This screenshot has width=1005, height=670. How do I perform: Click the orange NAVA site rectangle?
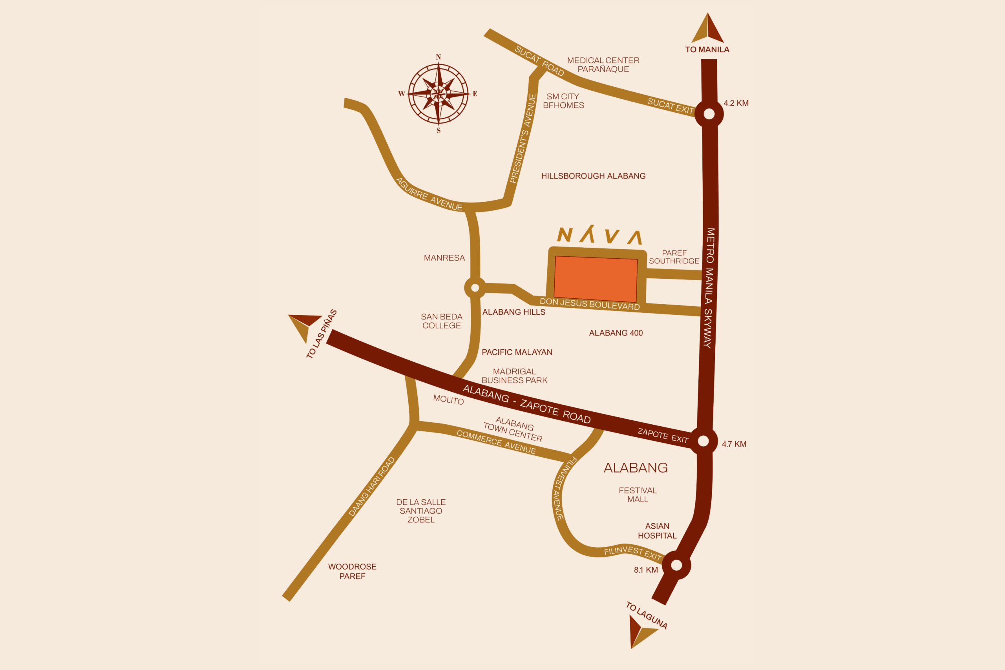(595, 279)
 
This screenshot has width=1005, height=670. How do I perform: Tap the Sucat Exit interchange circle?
(709, 114)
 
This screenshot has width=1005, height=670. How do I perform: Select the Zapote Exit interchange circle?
(703, 440)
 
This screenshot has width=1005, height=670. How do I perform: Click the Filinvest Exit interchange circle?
(676, 565)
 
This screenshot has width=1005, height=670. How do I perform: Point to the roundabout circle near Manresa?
(475, 288)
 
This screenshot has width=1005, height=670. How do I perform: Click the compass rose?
(439, 93)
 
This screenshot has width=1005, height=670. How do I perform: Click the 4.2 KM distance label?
(736, 103)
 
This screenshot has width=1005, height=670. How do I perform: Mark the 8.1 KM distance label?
(646, 570)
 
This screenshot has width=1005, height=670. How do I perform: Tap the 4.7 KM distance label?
(734, 444)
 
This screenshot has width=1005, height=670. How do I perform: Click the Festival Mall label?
(638, 495)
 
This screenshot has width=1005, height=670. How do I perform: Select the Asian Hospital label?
(657, 531)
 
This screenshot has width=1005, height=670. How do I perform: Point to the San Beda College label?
(441, 321)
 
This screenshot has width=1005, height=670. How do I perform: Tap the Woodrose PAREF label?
(352, 571)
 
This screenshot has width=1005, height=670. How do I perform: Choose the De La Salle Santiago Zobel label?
(421, 511)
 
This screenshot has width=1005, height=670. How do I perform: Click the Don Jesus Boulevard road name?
(590, 304)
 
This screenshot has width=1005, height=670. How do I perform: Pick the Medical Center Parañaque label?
(603, 64)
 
